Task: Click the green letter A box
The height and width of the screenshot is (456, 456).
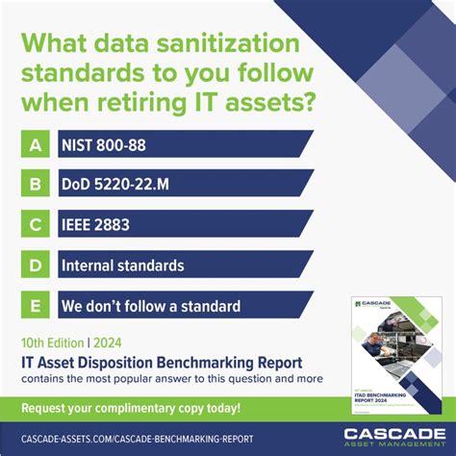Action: tap(36, 143)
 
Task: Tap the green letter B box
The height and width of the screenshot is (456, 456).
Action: tap(36, 184)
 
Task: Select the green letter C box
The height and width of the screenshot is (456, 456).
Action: tap(36, 224)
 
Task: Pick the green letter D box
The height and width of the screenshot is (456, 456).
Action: tap(36, 265)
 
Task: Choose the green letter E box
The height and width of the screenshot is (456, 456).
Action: tap(36, 305)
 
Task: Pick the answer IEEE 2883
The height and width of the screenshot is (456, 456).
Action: tap(95, 224)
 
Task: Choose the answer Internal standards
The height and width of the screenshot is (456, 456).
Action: tap(122, 265)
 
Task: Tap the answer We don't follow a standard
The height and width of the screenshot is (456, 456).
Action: tap(150, 306)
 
